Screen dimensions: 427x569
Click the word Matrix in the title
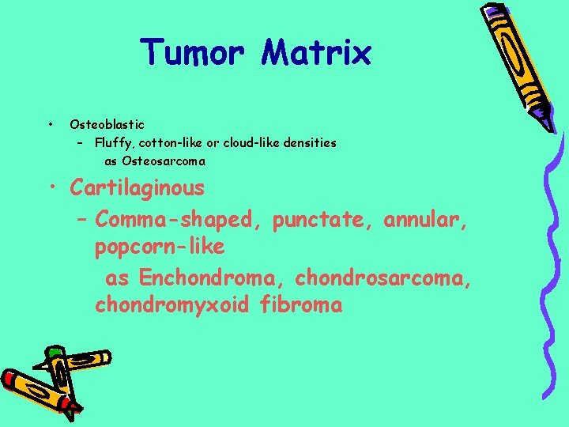pos(317,53)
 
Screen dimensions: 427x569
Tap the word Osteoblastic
pos(107,124)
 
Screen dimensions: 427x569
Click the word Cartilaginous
pos(137,188)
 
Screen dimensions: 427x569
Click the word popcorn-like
pos(160,248)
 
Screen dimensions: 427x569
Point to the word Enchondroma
pos(213,278)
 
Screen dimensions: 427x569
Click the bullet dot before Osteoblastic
pos(50,124)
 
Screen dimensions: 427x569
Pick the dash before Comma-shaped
pos(83,218)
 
